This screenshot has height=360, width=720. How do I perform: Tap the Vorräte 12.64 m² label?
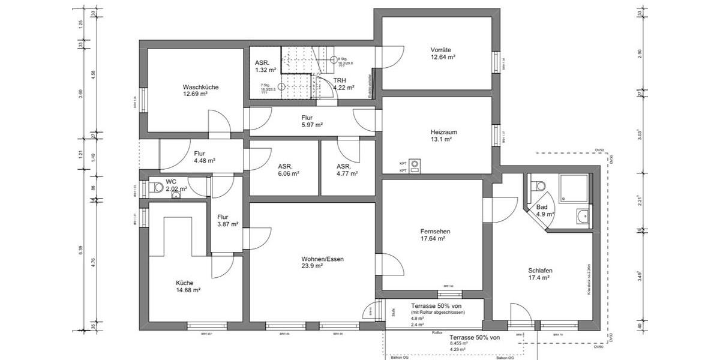pyautogui.click(x=443, y=53)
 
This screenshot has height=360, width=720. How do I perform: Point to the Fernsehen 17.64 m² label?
pyautogui.click(x=436, y=235)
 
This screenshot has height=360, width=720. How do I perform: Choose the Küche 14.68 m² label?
pyautogui.click(x=188, y=286)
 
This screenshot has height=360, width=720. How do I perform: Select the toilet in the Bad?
pyautogui.click(x=536, y=185)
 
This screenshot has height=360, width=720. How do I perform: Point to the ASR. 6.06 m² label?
pyautogui.click(x=285, y=170)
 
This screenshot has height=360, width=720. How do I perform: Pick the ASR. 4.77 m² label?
pyautogui.click(x=347, y=170)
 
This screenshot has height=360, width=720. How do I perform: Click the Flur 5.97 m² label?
pyautogui.click(x=312, y=121)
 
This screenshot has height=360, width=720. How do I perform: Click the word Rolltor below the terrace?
pyautogui.click(x=437, y=332)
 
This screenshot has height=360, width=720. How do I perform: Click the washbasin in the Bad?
pyautogui.click(x=581, y=215)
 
